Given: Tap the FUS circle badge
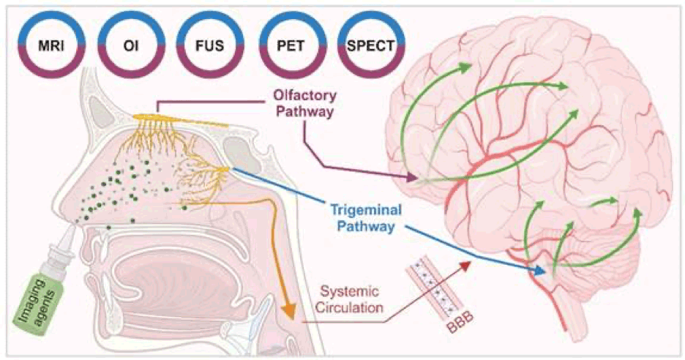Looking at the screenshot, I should tap(206, 46).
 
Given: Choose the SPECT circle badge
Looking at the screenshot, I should tap(367, 46).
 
